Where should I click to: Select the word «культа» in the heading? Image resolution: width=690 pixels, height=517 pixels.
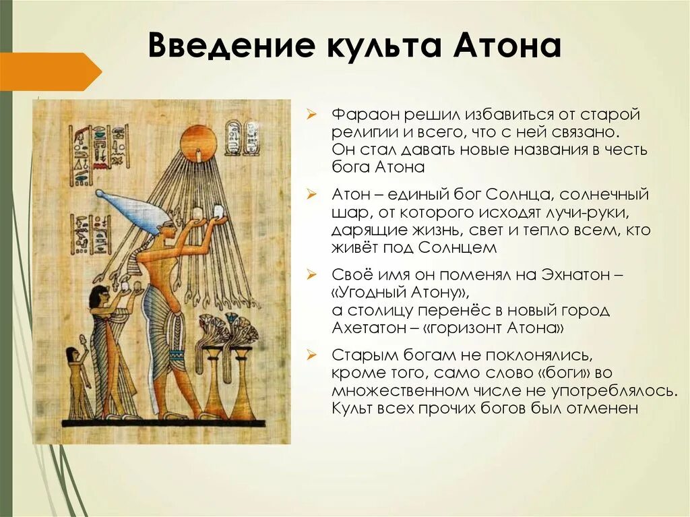point(387,46)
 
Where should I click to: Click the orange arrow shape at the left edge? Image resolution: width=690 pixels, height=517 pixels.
point(51,71)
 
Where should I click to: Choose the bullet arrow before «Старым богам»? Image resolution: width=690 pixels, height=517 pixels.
point(311,355)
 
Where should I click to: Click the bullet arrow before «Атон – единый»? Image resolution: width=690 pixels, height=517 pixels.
point(311,195)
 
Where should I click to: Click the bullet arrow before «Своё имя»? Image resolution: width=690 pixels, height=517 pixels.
point(311,275)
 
